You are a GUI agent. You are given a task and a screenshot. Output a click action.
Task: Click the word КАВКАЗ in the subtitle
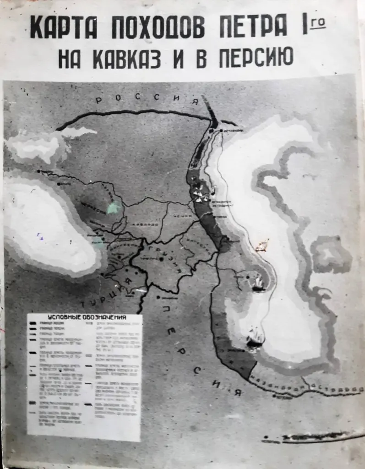click(x=128, y=59)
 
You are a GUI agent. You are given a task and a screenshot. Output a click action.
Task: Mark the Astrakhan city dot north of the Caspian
click(x=221, y=131)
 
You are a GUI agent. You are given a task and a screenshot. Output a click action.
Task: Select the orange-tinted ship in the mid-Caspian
click(x=261, y=246)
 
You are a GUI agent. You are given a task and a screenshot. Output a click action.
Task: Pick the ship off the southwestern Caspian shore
click(x=253, y=340)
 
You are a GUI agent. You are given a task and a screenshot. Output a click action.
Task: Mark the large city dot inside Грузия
click(x=161, y=259)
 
